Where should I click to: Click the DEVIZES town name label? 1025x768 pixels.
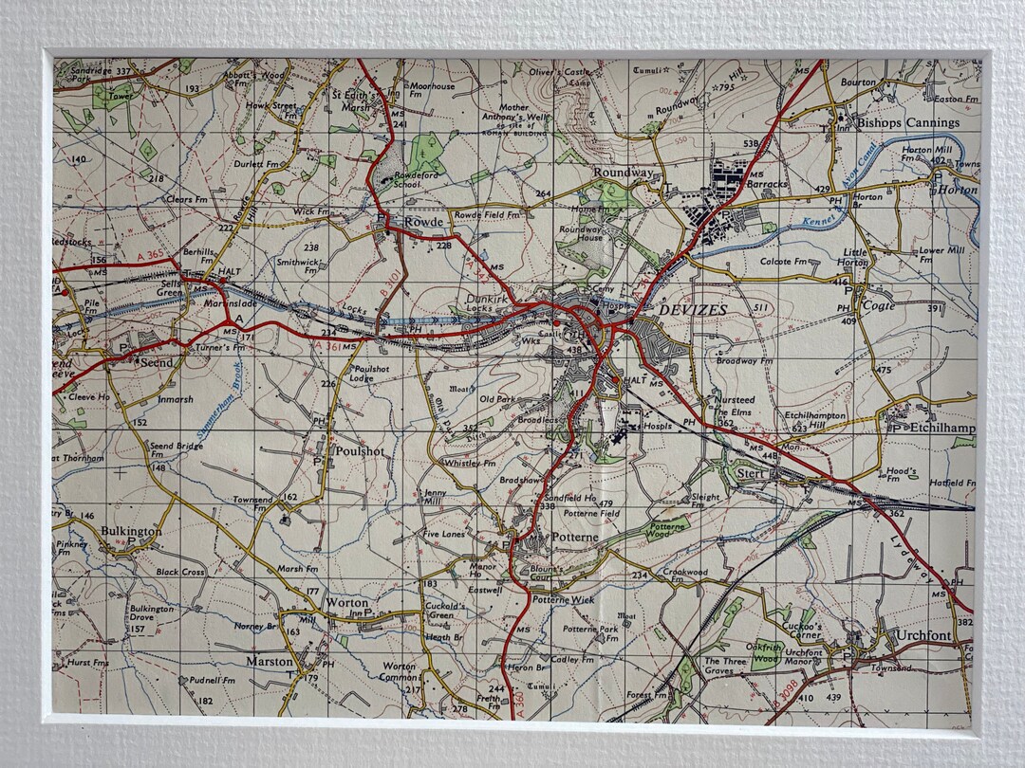tap(691, 310)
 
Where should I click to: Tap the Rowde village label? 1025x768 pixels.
tap(423, 221)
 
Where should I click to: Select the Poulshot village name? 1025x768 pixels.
tap(360, 451)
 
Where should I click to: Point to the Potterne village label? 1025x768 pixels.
tap(568, 538)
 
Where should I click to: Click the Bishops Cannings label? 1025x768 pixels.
tap(908, 122)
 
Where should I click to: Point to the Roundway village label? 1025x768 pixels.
tap(623, 173)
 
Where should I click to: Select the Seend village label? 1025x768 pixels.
tap(157, 361)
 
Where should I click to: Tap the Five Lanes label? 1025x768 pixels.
tap(444, 535)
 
